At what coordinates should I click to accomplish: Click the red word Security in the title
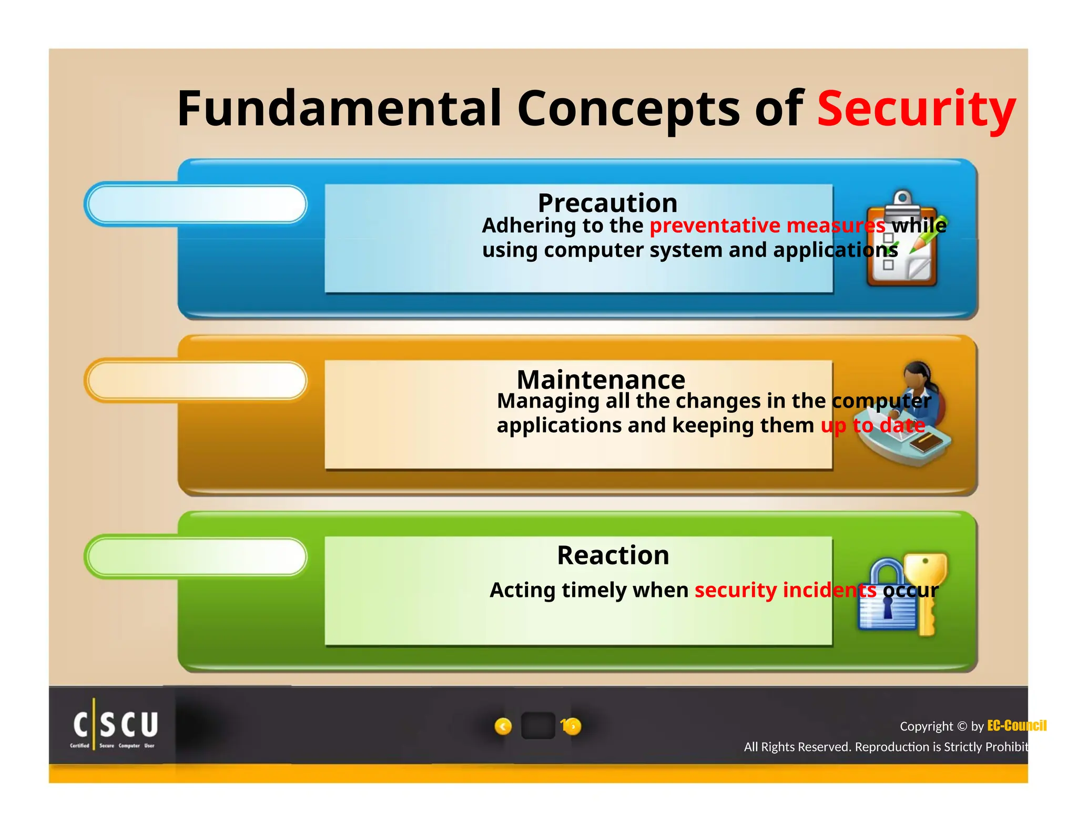pos(916,108)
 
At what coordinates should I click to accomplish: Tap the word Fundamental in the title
pos(339,108)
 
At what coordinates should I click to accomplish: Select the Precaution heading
pos(607,203)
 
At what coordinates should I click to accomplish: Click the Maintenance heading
pos(601,379)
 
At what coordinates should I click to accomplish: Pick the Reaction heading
pos(613,555)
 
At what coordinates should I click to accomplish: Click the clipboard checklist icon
pos(902,239)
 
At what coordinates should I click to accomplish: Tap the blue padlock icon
pos(887,597)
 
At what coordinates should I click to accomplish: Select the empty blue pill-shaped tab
pos(196,204)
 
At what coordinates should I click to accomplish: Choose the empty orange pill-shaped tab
pos(196,380)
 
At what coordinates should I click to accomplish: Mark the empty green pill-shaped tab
pos(196,556)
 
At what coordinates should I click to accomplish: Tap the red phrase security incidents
pos(785,590)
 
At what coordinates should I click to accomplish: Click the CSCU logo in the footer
pos(115,727)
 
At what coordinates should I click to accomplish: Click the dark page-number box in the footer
pos(537,726)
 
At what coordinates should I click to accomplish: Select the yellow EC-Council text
pos(1016,726)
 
